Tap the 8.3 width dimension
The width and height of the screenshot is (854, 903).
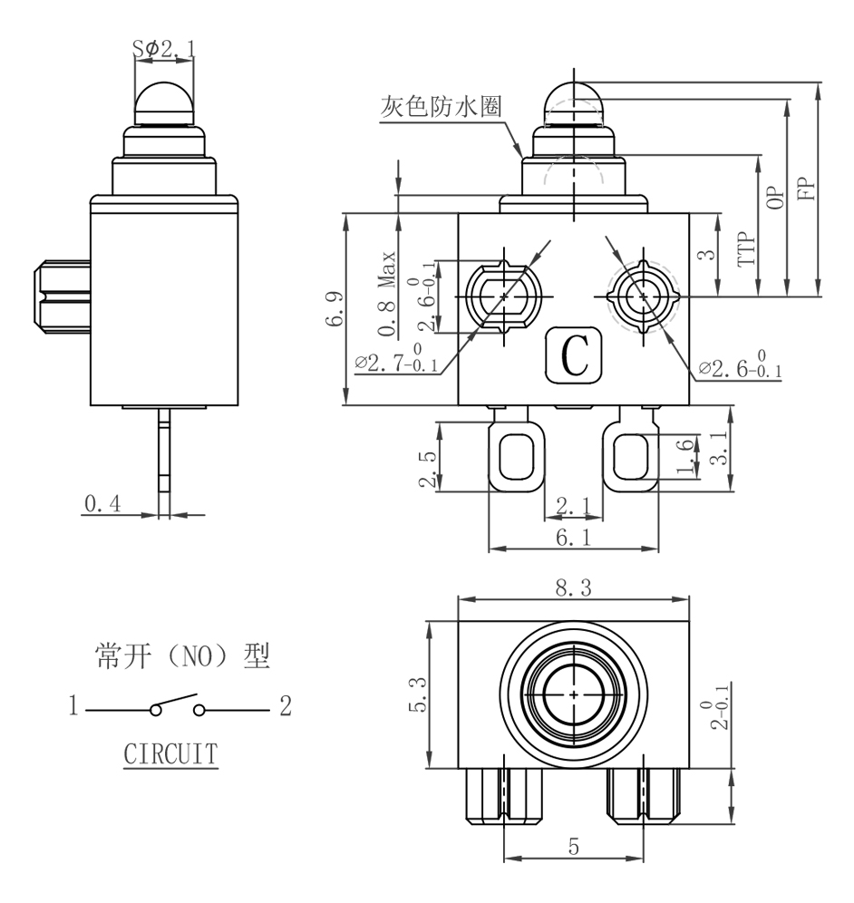pos(573,588)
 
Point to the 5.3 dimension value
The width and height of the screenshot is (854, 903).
pos(415,694)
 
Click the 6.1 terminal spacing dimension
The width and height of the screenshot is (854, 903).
pos(573,539)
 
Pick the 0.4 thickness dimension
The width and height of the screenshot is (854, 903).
pos(102,503)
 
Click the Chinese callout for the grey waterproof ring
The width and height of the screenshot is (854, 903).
pos(442,106)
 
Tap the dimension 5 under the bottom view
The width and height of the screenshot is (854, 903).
pos(573,846)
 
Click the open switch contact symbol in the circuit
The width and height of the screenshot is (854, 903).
pos(177,704)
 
